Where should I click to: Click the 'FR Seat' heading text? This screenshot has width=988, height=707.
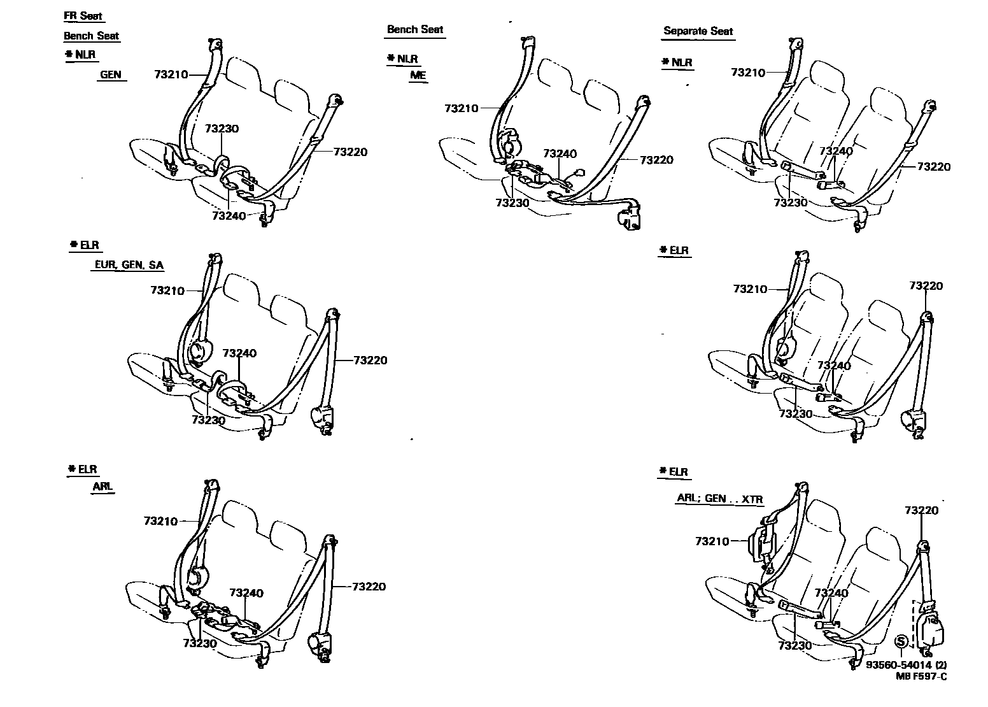click(x=83, y=17)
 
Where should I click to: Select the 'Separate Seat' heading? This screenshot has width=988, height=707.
click(x=698, y=31)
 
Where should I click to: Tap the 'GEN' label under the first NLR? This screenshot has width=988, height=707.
click(x=110, y=75)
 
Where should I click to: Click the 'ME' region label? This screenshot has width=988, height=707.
click(x=418, y=75)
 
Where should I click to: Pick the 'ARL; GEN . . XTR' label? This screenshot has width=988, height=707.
click(x=719, y=499)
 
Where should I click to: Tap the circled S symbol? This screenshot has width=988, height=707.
click(x=901, y=641)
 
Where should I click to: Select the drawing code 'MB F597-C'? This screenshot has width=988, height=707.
click(x=921, y=676)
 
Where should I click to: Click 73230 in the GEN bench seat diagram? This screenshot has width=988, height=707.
click(x=222, y=129)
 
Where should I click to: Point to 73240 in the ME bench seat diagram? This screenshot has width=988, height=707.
click(x=560, y=154)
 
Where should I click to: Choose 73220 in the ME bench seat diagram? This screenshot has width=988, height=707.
click(x=656, y=160)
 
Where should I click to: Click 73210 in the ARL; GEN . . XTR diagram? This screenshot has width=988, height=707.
click(x=712, y=541)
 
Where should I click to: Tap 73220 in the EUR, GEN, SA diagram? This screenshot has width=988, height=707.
click(x=369, y=360)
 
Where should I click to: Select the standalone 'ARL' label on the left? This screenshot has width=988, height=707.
click(x=102, y=487)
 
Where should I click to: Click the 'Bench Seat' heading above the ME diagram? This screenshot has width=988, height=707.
click(x=415, y=29)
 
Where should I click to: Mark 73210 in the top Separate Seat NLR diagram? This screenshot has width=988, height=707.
click(x=748, y=73)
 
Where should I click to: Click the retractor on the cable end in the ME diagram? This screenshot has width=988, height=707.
click(x=630, y=217)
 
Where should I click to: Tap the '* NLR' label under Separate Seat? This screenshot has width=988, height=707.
click(x=677, y=62)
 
